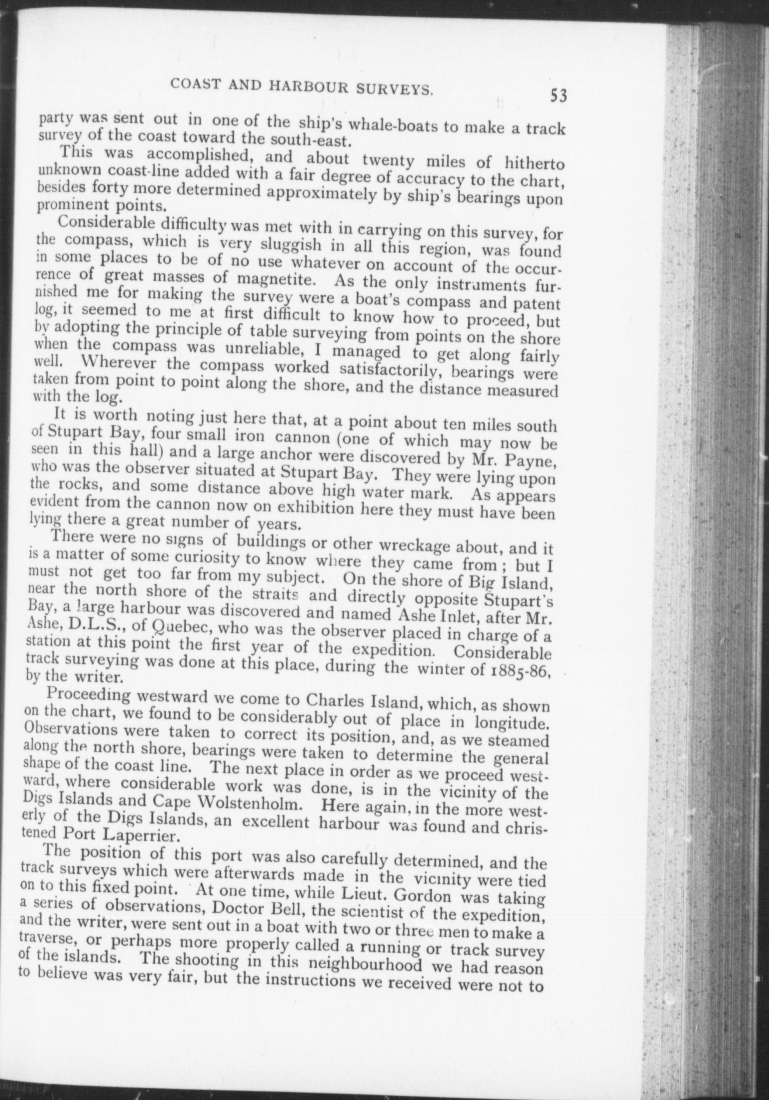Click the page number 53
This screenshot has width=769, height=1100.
click(x=558, y=95)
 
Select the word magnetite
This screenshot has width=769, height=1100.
click(x=276, y=277)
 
